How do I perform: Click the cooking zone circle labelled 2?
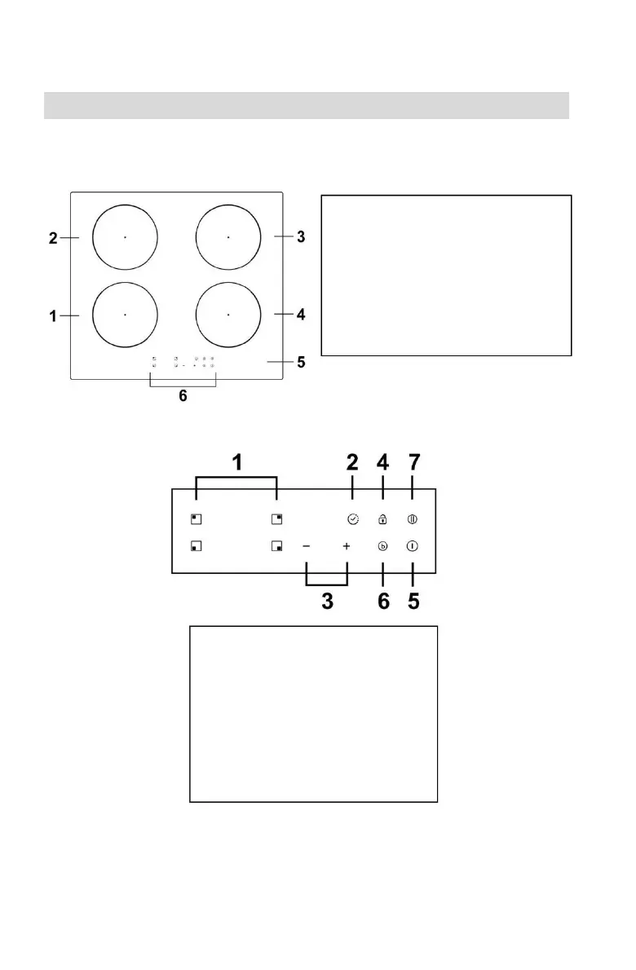coord(125,236)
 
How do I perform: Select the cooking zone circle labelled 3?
coord(228,236)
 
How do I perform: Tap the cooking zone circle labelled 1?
coord(125,314)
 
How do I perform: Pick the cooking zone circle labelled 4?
coord(228,314)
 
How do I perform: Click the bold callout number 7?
coord(413,463)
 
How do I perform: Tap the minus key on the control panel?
coord(307,546)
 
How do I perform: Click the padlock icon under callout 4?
coord(382,518)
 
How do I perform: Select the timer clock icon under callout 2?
coord(352,518)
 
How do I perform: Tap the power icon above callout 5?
coord(413,546)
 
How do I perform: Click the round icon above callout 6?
coord(382,546)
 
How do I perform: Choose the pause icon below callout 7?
coord(413,518)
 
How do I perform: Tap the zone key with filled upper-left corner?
coord(196,518)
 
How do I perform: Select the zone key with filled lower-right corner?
coord(277,546)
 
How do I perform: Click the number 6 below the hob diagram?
coord(183,397)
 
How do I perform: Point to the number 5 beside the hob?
coord(301,361)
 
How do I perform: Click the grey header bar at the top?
coord(306,105)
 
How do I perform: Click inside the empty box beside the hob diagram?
coord(446,275)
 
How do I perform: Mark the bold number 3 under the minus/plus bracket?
coord(327,602)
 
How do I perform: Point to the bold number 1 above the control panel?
coord(236,463)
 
